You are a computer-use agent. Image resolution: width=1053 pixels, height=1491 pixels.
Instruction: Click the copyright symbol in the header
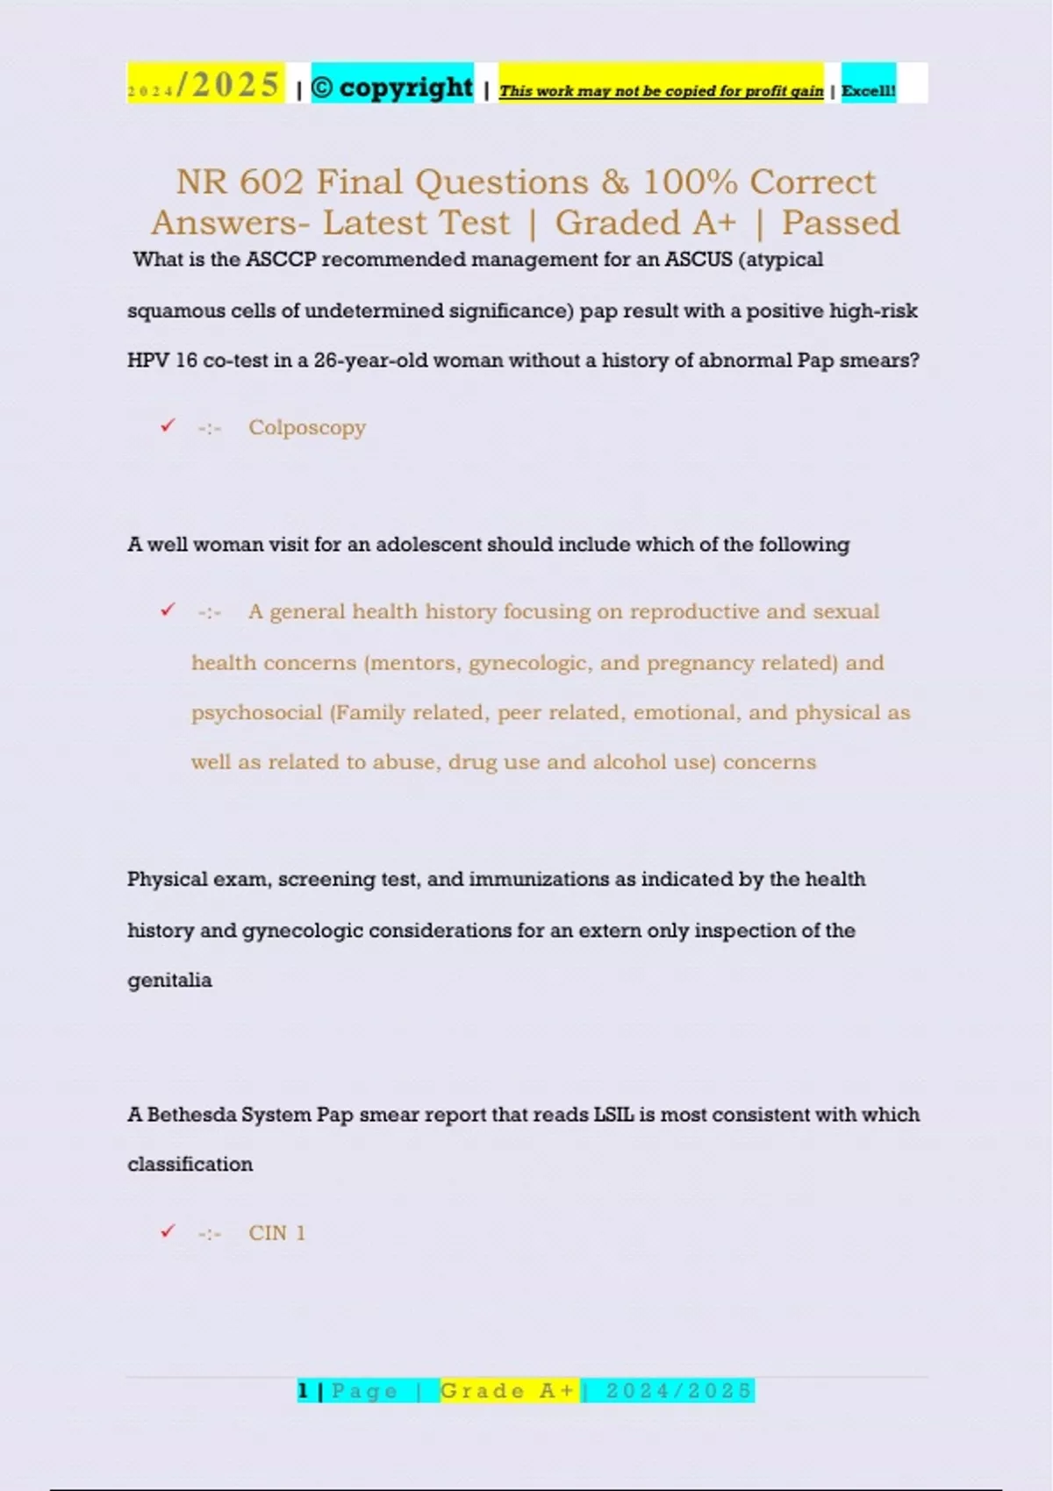tap(322, 88)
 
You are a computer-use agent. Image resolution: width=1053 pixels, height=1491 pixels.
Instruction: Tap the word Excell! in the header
tap(868, 90)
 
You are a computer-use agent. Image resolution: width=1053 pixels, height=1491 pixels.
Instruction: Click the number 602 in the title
tap(271, 182)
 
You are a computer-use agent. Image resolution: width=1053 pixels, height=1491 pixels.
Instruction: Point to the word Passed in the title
tap(841, 223)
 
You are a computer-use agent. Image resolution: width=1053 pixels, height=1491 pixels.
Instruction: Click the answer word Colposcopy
tap(306, 428)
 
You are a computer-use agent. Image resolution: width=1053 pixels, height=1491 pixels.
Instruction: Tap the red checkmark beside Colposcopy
tap(168, 426)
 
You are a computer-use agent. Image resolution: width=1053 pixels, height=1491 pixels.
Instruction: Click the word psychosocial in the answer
tap(257, 712)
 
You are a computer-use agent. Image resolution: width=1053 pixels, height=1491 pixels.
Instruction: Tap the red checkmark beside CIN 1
tap(168, 1231)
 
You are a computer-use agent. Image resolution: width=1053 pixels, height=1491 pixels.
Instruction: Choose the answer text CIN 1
tap(276, 1233)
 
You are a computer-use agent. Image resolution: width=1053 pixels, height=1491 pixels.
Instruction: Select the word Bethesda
tap(190, 1115)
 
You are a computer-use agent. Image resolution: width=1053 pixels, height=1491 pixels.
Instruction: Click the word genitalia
tap(169, 980)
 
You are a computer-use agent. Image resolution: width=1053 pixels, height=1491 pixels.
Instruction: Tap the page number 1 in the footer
tap(303, 1391)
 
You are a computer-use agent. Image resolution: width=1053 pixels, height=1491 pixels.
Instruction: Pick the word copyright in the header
tap(405, 88)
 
